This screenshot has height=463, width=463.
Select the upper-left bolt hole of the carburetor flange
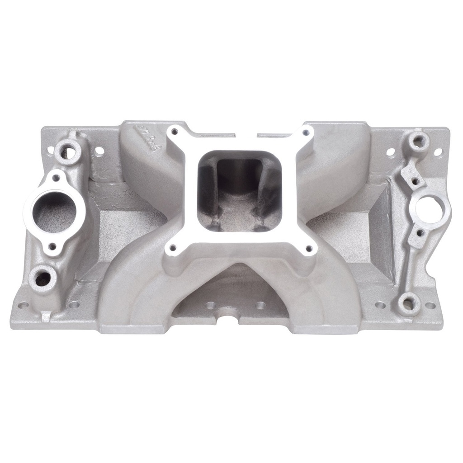pyautogui.click(x=173, y=132)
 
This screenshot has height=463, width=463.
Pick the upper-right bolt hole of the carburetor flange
pyautogui.click(x=307, y=132)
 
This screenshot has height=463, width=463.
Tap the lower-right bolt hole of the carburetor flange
pyautogui.click(x=309, y=248)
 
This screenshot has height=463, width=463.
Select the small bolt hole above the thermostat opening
pyautogui.click(x=56, y=178)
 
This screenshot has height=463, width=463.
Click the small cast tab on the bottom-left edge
pyautogui.click(x=46, y=315)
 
